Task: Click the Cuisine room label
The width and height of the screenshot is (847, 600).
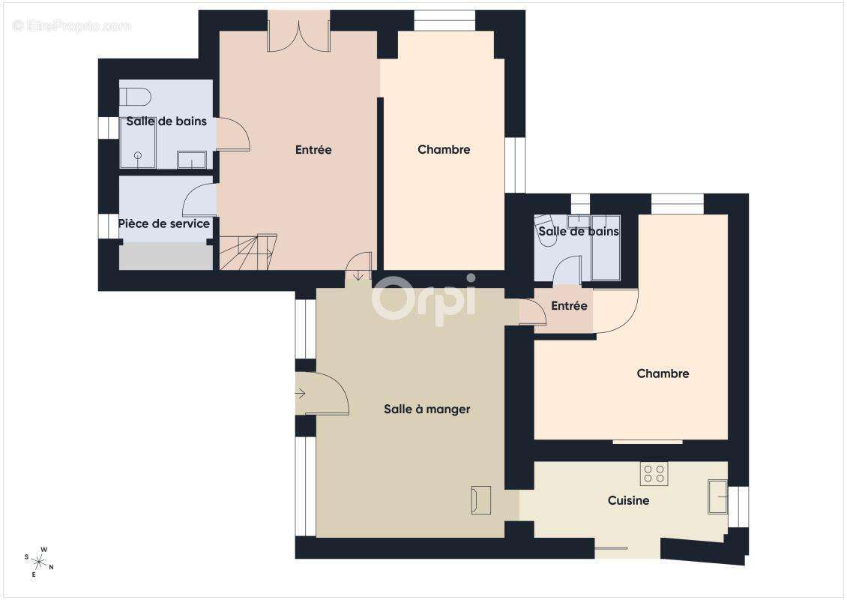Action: pos(628,500)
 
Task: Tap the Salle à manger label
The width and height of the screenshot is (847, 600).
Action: pos(426,409)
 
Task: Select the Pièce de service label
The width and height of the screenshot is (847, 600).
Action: pos(164,223)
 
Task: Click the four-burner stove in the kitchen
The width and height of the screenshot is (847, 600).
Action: pos(654,473)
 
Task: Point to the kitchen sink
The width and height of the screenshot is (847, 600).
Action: pos(717,496)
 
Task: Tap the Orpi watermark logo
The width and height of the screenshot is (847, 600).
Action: pos(424,299)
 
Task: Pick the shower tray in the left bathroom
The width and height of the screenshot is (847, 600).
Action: pos(138,143)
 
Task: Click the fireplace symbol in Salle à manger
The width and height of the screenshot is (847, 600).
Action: pos(480,499)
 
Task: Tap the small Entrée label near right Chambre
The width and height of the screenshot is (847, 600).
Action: pos(569,306)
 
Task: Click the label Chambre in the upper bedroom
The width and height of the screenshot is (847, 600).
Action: pos(444,149)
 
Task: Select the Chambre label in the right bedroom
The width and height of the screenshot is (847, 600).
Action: pos(663,373)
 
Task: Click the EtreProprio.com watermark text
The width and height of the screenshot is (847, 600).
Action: pos(71,25)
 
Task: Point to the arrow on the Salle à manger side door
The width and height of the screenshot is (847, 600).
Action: pos(301,393)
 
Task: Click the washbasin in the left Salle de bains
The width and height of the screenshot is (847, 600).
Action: pos(192,160)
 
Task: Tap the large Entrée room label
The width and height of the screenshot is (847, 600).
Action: pos(313,149)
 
